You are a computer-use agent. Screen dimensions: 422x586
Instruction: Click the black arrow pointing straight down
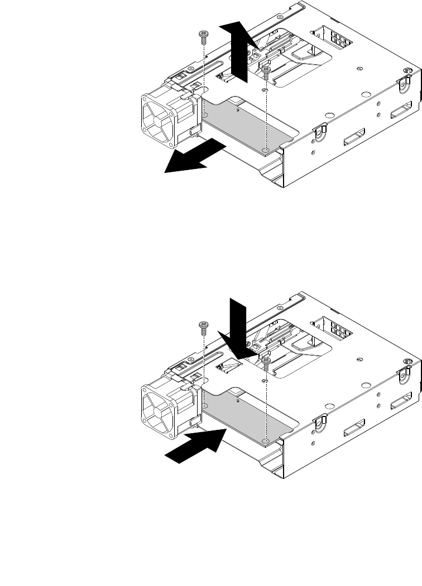pos(239,327)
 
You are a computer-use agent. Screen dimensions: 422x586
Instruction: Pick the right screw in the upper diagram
pos(267,71)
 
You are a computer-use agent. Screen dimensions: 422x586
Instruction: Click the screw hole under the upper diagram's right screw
pos(267,151)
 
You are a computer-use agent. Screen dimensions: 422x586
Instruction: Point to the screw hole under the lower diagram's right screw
pos(267,442)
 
